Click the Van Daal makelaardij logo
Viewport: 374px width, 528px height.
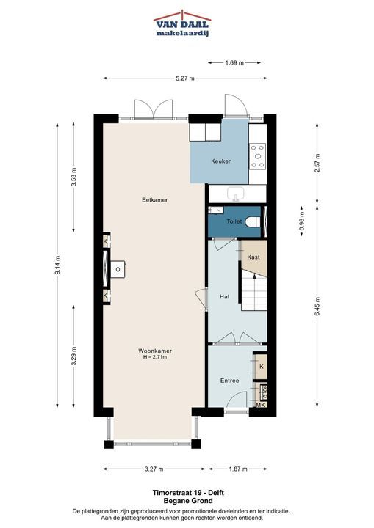[x=182, y=23]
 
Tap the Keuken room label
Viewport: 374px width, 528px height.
[x=221, y=161]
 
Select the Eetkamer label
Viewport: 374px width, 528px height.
[x=154, y=200]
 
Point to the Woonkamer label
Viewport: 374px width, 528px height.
[x=155, y=351]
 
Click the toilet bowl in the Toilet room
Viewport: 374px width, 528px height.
[x=253, y=222]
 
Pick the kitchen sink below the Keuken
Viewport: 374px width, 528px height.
[x=237, y=194]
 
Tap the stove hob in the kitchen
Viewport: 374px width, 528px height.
[x=258, y=156]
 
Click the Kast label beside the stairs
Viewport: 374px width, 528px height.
[x=253, y=257]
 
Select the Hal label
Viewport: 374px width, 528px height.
[x=224, y=297]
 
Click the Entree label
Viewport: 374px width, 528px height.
[x=229, y=381]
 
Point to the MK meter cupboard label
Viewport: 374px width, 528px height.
[x=261, y=405]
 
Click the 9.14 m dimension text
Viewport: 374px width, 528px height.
[x=57, y=265]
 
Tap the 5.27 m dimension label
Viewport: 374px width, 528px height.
[x=185, y=78]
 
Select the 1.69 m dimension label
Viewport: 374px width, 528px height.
[x=234, y=62]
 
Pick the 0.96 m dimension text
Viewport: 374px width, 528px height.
[x=302, y=221]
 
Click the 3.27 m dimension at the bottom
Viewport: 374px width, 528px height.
[x=154, y=469]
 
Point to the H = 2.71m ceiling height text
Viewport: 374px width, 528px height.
[x=155, y=357]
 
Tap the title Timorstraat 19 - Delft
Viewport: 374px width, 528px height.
[x=188, y=493]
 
